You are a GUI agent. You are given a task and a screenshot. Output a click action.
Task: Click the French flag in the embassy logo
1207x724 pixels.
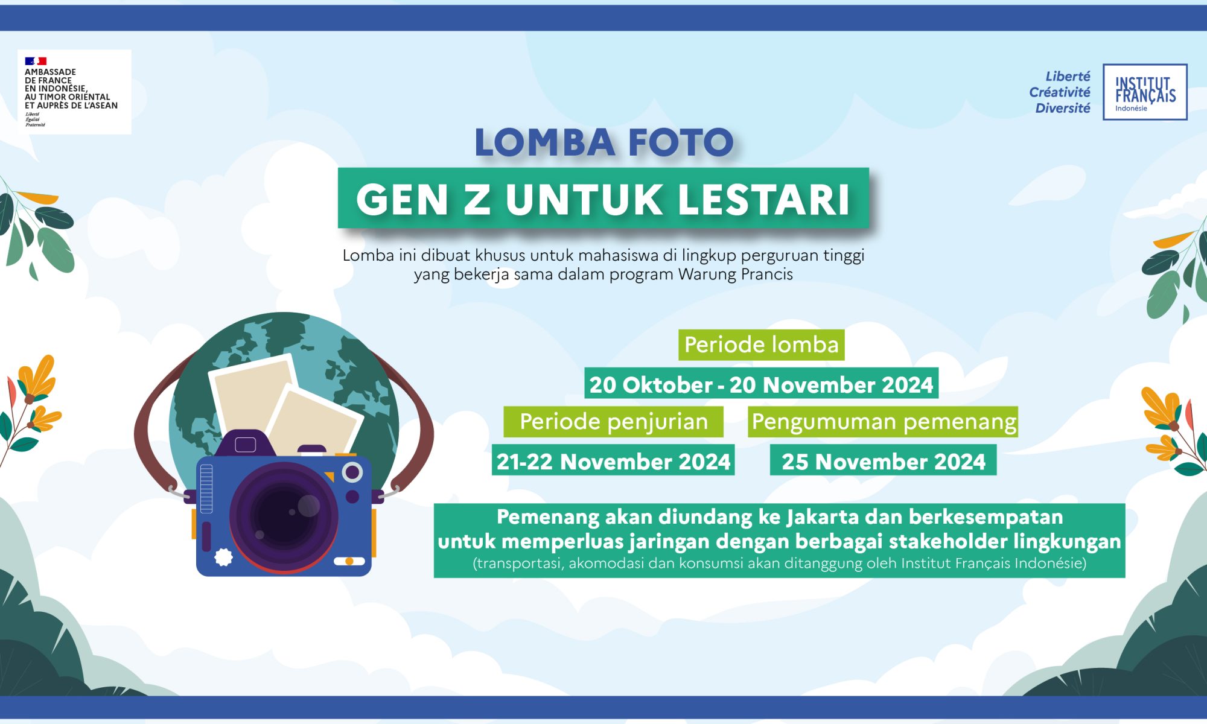click(x=36, y=61)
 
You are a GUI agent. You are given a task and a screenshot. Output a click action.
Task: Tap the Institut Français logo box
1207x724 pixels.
click(x=1145, y=92)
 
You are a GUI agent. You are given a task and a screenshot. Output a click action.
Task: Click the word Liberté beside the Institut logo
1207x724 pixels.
click(x=1068, y=76)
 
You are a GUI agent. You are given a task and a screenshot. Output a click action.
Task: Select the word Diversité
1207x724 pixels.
click(x=1063, y=108)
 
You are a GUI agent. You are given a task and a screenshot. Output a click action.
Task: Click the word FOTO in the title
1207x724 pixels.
click(x=681, y=142)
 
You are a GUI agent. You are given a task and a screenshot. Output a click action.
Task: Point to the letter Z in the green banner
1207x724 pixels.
click(x=477, y=199)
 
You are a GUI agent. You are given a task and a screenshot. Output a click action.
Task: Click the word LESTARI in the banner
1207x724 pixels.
click(x=764, y=199)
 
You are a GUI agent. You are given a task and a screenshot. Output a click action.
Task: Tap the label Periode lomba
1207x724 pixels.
click(x=761, y=345)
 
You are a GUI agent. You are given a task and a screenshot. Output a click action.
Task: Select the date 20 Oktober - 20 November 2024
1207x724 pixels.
click(x=761, y=384)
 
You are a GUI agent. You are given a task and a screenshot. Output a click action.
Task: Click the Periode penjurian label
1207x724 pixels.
click(x=613, y=421)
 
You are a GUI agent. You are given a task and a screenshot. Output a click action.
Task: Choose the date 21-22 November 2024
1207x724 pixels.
click(x=613, y=461)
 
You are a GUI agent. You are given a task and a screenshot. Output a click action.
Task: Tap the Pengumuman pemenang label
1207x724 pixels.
click(x=883, y=421)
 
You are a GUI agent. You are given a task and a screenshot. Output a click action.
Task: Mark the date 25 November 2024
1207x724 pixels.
click(x=883, y=461)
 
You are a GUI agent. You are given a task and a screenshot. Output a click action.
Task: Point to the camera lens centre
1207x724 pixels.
click(x=284, y=516)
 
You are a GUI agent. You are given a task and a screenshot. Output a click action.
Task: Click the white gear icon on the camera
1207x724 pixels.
click(x=223, y=557)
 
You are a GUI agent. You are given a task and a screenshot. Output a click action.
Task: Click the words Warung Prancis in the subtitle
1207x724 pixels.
click(x=735, y=275)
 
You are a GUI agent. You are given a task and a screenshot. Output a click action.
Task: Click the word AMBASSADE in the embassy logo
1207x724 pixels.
click(x=50, y=72)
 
